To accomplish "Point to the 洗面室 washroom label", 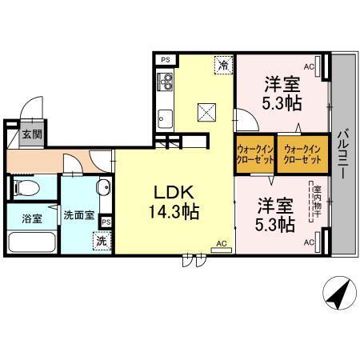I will point(78,215).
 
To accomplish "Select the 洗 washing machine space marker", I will point(102,239).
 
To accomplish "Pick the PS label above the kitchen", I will point(165,60).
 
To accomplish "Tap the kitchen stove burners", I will point(166,81).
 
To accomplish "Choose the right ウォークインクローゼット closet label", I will point(302,153).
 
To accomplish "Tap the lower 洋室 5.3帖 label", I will point(274,213).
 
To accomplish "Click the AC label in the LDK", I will point(222,242).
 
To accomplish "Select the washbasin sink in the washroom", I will point(103,190).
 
